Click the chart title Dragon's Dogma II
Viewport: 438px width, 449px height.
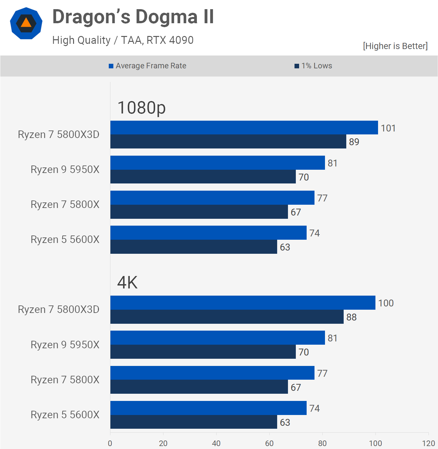pyautogui.click(x=133, y=17)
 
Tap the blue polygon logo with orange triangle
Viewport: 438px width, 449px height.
pyautogui.click(x=26, y=23)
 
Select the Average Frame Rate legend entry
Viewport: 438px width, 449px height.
pyautogui.click(x=147, y=66)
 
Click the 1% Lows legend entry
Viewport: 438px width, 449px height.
pyautogui.click(x=313, y=66)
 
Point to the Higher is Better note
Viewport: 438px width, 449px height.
pyautogui.click(x=395, y=46)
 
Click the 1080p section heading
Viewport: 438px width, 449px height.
pyautogui.click(x=142, y=108)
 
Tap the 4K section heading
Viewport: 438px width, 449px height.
pyautogui.click(x=127, y=283)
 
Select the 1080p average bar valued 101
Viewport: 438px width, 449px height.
pyautogui.click(x=244, y=128)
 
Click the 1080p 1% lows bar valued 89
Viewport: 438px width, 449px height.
pyautogui.click(x=228, y=142)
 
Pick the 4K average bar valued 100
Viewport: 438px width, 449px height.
pyautogui.click(x=243, y=302)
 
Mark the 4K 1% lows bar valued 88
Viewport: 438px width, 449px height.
pyautogui.click(x=227, y=317)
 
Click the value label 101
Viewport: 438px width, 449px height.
pyautogui.click(x=388, y=128)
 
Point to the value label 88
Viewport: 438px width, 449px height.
pyautogui.click(x=352, y=317)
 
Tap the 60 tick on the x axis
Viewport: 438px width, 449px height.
pyautogui.click(x=269, y=443)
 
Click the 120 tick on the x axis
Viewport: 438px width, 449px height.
pyautogui.click(x=428, y=443)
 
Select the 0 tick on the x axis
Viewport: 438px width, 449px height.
pyautogui.click(x=110, y=443)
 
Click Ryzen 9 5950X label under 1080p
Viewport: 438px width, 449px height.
pyautogui.click(x=65, y=169)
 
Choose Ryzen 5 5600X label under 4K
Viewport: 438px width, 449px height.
pyautogui.click(x=65, y=415)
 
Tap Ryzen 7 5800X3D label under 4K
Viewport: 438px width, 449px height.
pyautogui.click(x=59, y=309)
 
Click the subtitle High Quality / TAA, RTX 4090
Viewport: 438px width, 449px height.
pyautogui.click(x=123, y=40)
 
